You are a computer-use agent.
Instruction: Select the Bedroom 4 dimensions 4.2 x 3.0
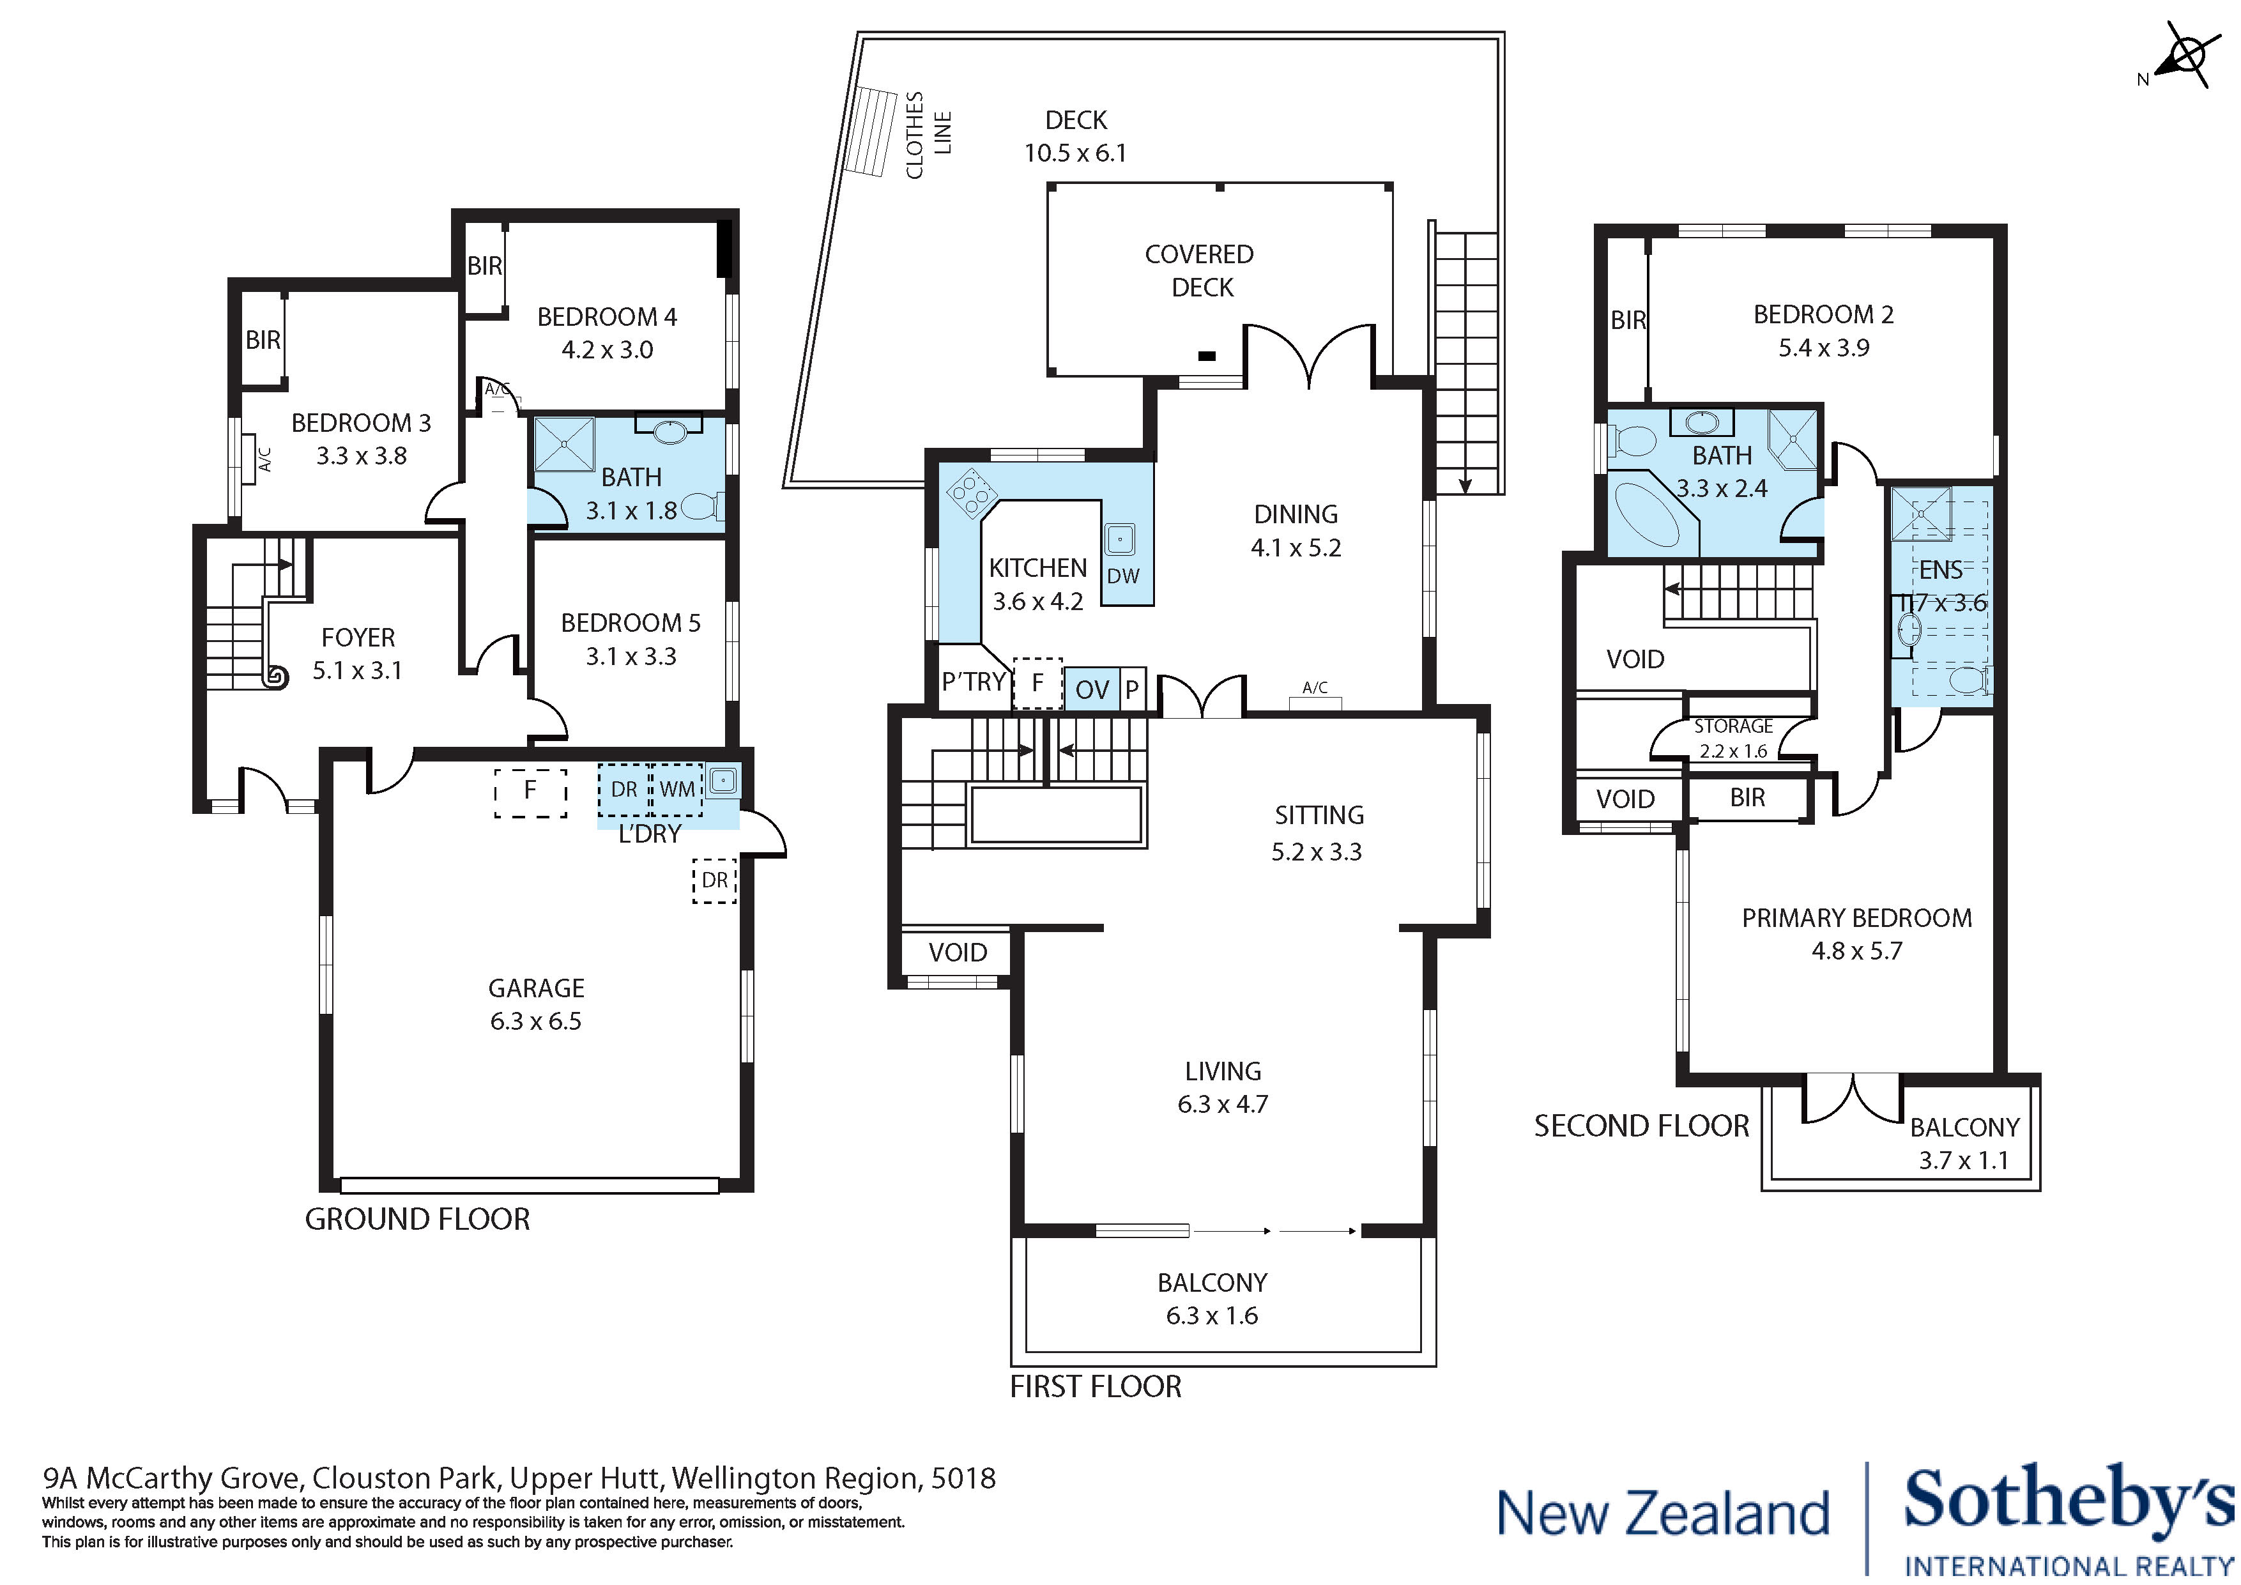[606, 350]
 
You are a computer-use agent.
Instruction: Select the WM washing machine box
[677, 788]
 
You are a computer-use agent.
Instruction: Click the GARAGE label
[536, 988]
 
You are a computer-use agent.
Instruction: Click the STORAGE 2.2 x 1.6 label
[1734, 738]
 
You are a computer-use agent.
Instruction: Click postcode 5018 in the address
[963, 1478]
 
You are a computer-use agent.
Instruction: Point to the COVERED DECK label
[1200, 270]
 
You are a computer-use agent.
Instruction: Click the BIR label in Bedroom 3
[263, 340]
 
